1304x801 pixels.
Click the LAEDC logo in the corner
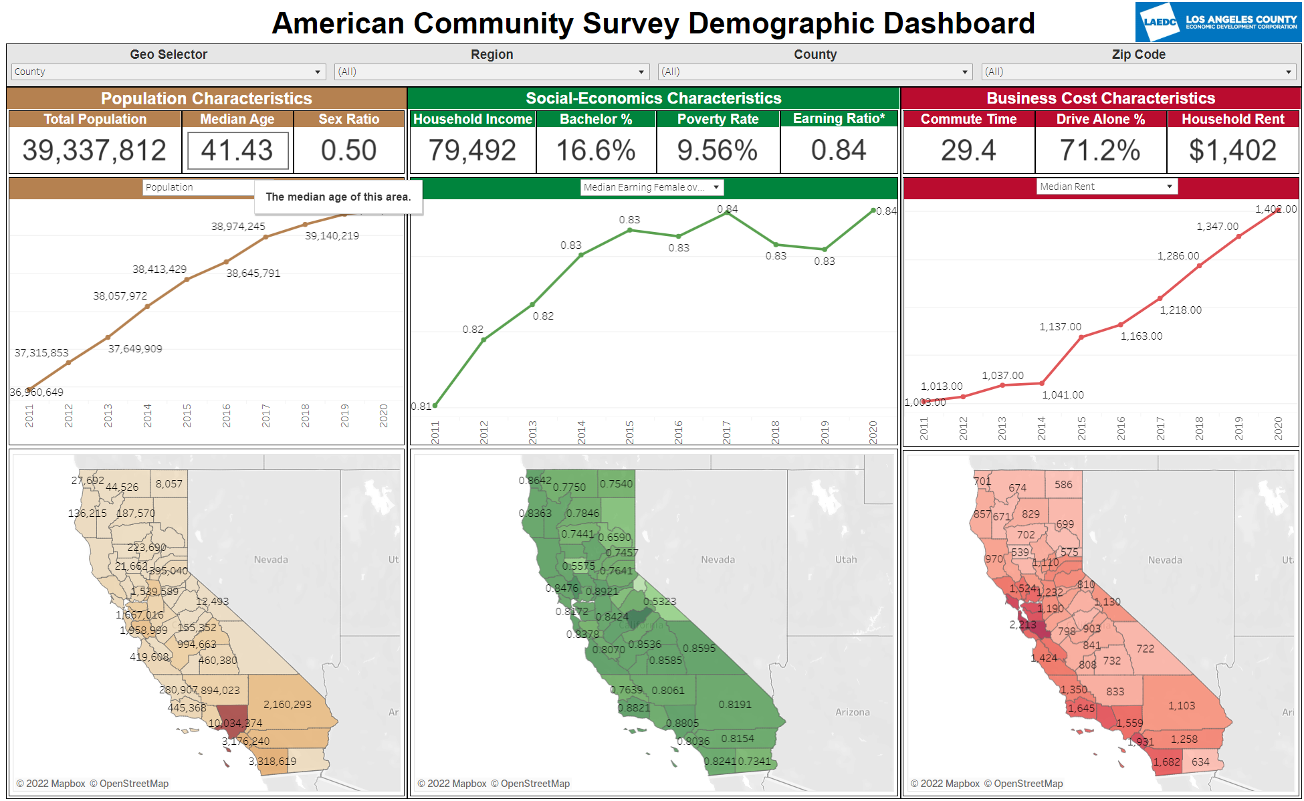click(1217, 22)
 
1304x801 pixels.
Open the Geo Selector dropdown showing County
click(168, 72)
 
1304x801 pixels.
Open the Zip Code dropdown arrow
click(1288, 72)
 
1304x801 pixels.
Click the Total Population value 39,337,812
click(94, 150)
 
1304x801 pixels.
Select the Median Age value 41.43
click(237, 150)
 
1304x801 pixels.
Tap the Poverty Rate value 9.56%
click(717, 150)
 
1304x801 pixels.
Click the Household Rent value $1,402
click(1232, 150)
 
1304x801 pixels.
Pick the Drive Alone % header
click(1100, 119)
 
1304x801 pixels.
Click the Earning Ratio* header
click(839, 118)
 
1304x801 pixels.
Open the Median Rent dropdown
click(1107, 187)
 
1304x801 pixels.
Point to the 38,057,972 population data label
click(120, 296)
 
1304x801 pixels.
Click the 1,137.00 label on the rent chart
click(1060, 326)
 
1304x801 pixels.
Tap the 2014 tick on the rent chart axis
click(1041, 428)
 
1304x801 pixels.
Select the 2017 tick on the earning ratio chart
click(727, 432)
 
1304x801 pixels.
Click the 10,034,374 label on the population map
click(235, 723)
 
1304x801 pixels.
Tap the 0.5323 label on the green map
click(659, 601)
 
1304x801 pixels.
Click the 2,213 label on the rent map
click(1022, 624)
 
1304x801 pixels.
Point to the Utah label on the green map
click(845, 560)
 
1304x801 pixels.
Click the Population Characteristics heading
click(206, 98)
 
